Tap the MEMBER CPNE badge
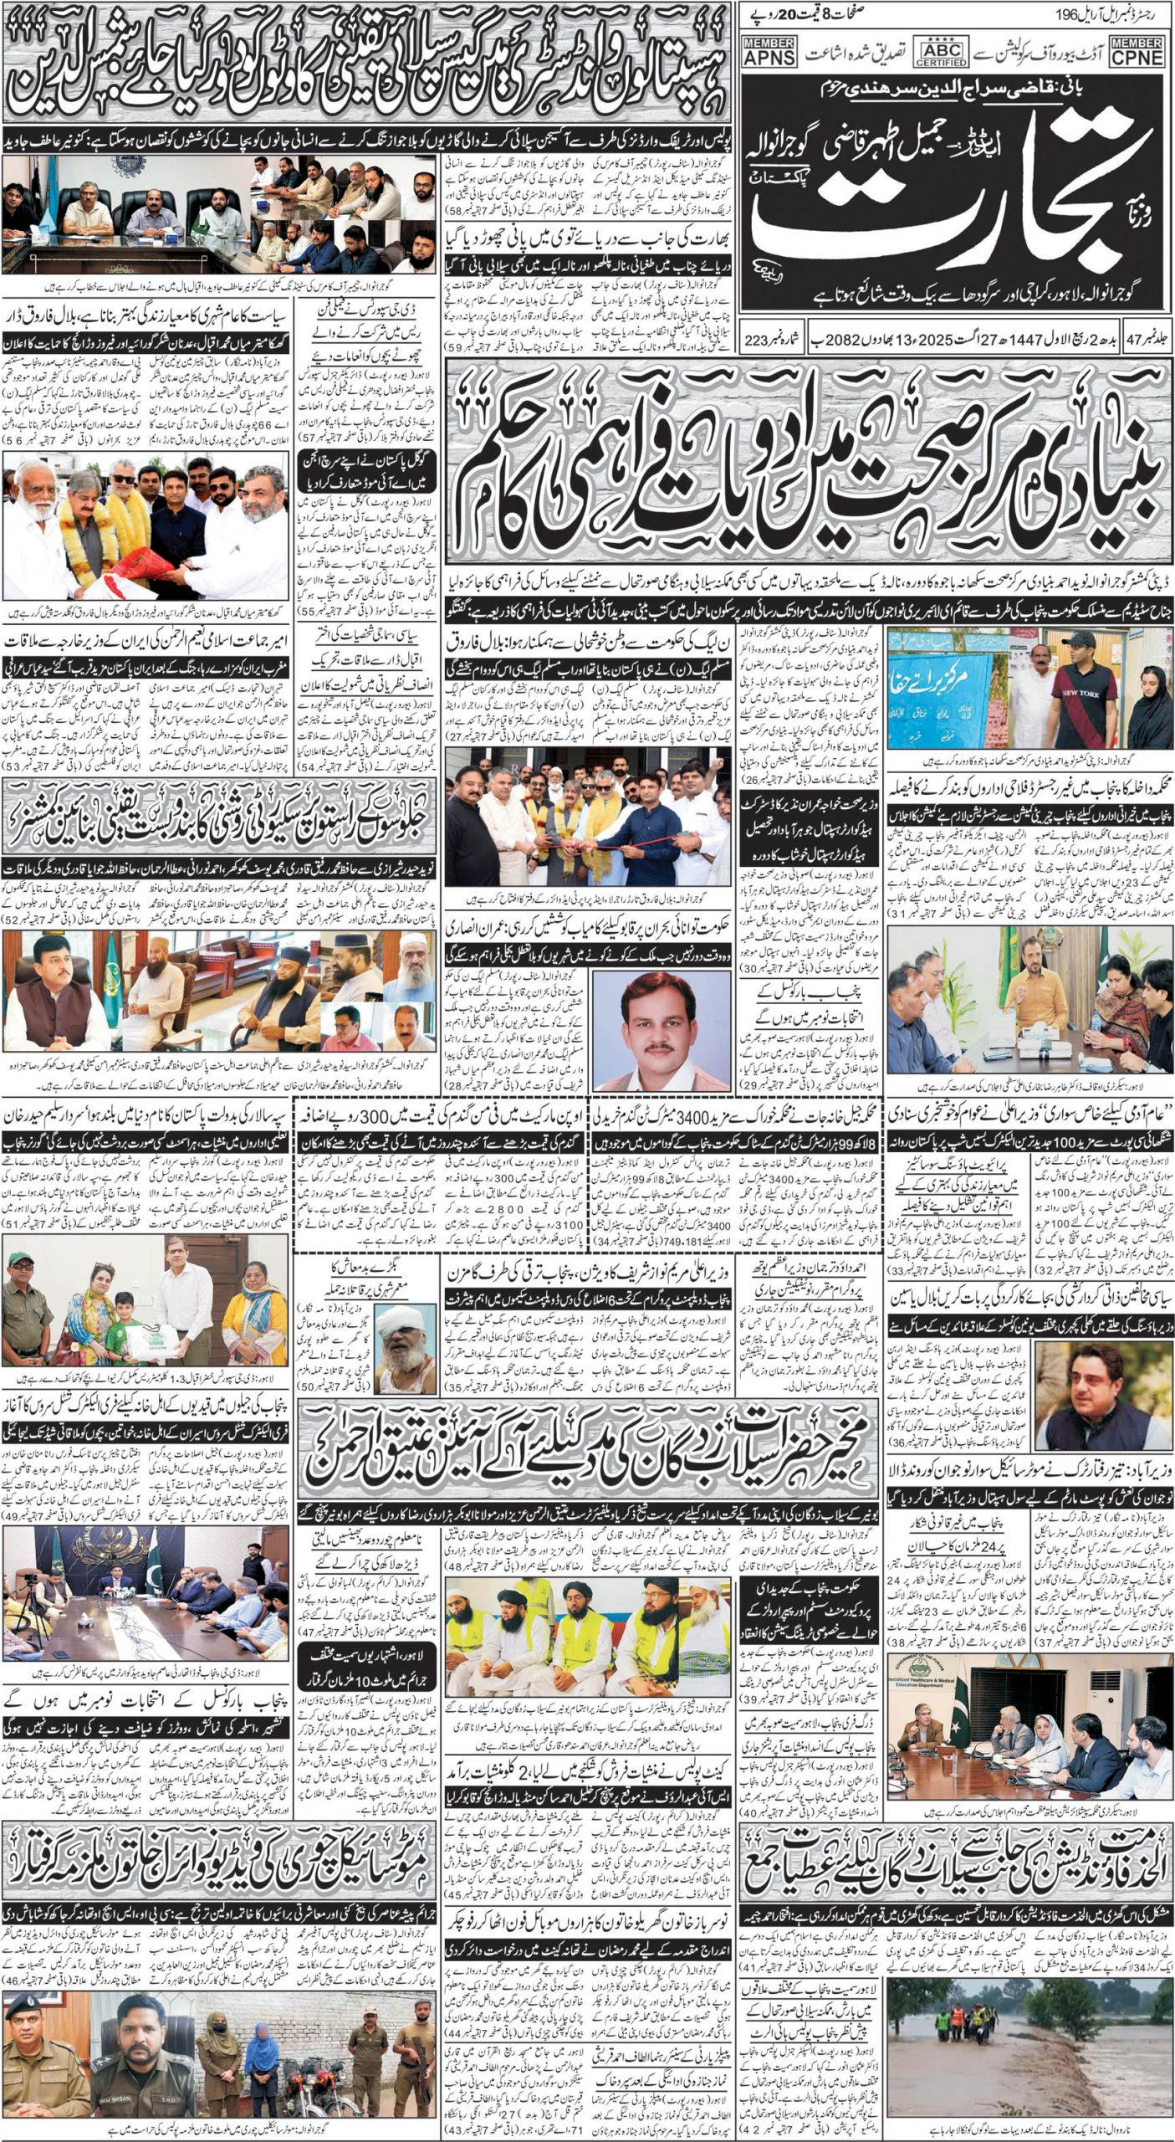[1139, 51]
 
